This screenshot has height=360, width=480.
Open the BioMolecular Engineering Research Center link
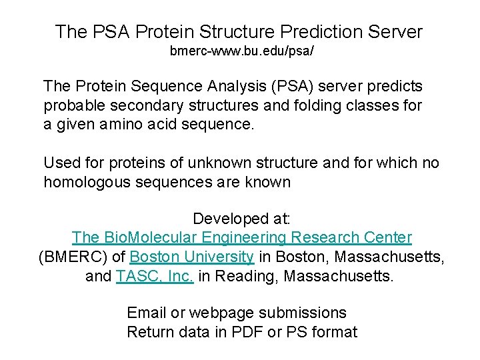[241, 237]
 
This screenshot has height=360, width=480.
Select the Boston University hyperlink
[191, 257]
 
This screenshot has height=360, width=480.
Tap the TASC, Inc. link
[155, 276]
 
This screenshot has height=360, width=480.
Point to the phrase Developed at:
[241, 219]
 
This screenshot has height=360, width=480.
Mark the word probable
[70, 105]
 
